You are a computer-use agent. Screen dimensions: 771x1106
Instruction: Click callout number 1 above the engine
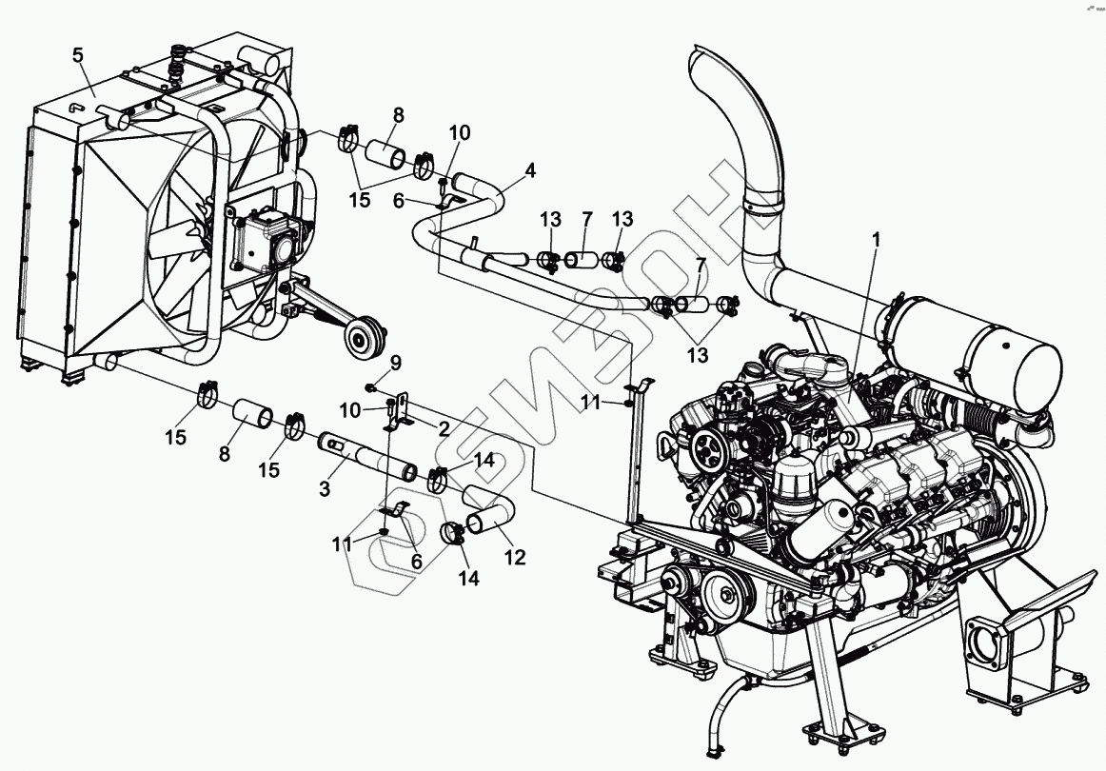point(876,240)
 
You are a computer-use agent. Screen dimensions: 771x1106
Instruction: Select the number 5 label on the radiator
point(78,54)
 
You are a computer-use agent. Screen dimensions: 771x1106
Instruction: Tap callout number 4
point(529,171)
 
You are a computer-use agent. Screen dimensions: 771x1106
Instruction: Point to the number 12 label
point(514,558)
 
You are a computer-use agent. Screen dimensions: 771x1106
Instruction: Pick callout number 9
point(396,362)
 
